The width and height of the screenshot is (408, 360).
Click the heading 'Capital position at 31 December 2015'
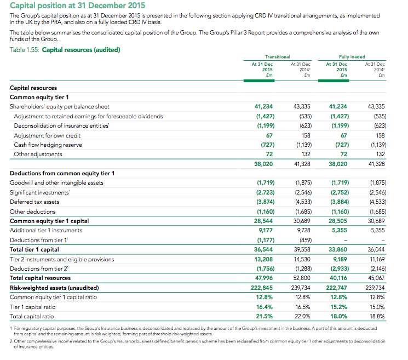pyautogui.click(x=77, y=5)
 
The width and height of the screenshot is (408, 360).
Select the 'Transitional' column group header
pyautogui.click(x=277, y=57)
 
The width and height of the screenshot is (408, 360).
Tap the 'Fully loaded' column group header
pyautogui.click(x=352, y=57)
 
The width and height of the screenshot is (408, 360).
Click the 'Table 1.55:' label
pyautogui.click(x=25, y=50)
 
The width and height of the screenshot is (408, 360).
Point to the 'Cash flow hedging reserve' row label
pyautogui.click(x=48, y=145)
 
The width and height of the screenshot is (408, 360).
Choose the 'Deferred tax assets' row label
pyautogui.click(x=35, y=202)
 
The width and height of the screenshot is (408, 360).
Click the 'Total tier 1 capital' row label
pyautogui.click(x=35, y=249)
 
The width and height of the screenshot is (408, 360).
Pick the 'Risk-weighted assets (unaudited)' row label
pyautogui.click(x=54, y=288)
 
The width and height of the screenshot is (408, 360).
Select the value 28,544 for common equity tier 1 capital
pyautogui.click(x=263, y=221)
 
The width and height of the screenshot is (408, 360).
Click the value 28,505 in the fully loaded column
pyautogui.click(x=338, y=221)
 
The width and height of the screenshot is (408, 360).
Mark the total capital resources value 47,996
pyautogui.click(x=264, y=278)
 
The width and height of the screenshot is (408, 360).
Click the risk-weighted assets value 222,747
pyautogui.click(x=336, y=288)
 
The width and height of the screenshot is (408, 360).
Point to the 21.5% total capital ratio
pyautogui.click(x=265, y=316)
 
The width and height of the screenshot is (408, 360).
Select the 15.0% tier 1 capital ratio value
pyautogui.click(x=377, y=307)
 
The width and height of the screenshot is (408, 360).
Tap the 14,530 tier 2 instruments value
pyautogui.click(x=302, y=259)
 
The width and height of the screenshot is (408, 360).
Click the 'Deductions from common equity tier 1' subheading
pyautogui.click(x=62, y=173)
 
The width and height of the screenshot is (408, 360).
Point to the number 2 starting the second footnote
pyautogui.click(x=11, y=341)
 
